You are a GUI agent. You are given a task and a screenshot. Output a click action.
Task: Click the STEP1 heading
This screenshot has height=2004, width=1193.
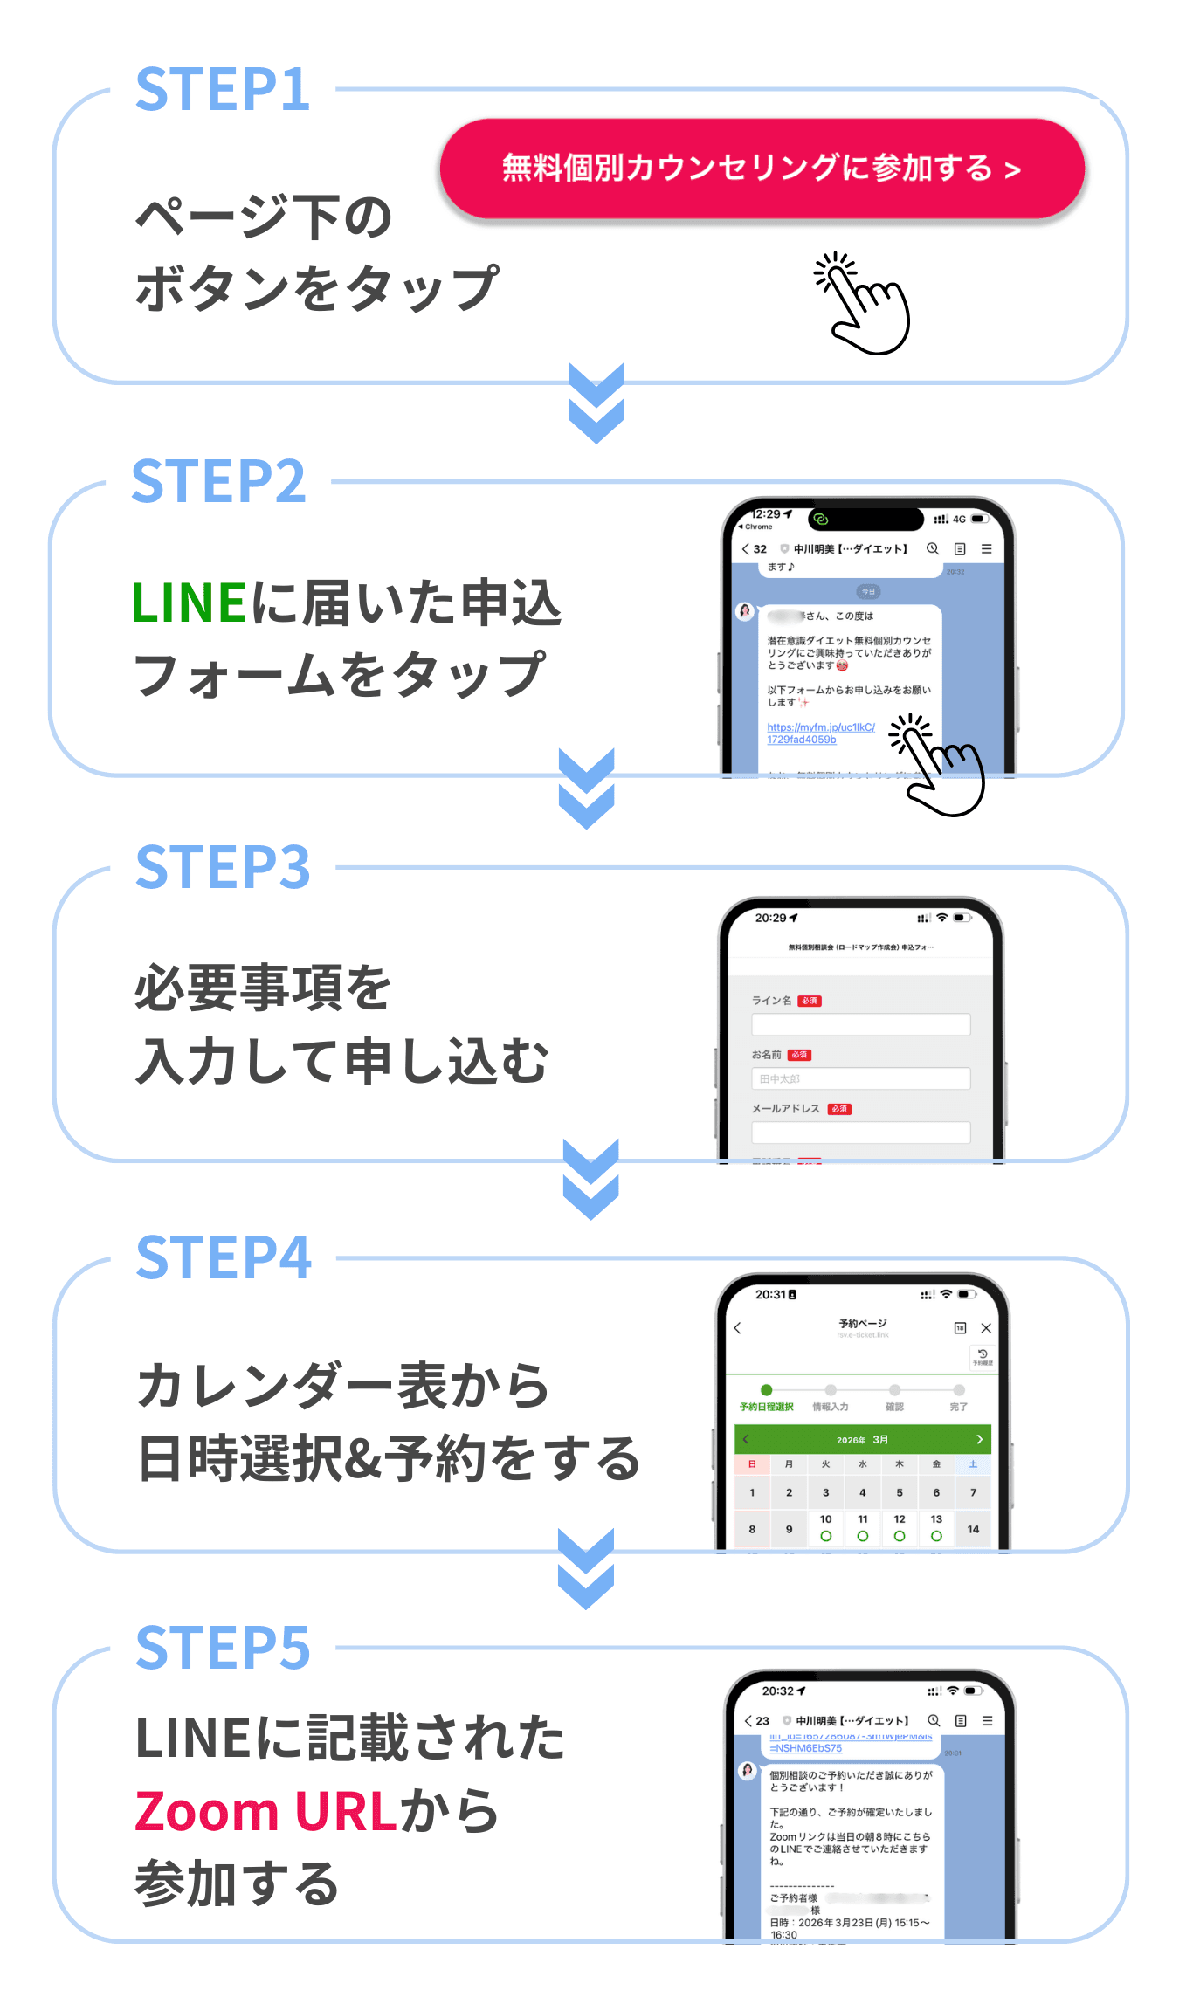point(223,89)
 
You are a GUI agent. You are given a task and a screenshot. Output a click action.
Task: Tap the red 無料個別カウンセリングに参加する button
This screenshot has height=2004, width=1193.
point(762,168)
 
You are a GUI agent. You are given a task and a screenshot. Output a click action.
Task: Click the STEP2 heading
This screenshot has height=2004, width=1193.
point(218,481)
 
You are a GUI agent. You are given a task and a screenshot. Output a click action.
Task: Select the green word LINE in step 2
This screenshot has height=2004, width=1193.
point(189,603)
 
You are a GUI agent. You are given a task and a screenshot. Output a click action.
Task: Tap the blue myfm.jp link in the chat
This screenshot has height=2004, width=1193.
point(820,733)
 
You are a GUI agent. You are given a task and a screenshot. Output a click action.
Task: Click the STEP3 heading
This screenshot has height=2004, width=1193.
point(223,867)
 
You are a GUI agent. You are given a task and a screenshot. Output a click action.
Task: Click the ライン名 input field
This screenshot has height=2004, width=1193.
point(860,1024)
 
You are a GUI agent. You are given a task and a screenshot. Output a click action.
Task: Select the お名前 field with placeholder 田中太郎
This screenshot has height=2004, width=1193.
point(860,1078)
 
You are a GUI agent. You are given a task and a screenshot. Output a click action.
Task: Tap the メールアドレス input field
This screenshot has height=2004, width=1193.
point(860,1133)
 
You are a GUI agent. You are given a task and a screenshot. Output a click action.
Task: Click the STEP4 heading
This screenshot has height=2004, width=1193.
point(224,1257)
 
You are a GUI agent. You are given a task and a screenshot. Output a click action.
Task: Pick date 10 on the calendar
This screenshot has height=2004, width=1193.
point(825,1527)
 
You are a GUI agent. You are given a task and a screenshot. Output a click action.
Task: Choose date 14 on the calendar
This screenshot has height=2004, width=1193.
point(973,1529)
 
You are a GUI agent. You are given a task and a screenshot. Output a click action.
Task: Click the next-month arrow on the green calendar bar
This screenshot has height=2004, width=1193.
point(979,1439)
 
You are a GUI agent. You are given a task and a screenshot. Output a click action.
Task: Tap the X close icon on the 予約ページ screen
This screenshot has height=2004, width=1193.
point(986,1328)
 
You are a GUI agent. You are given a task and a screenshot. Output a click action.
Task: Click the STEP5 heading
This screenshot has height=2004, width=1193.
point(223,1648)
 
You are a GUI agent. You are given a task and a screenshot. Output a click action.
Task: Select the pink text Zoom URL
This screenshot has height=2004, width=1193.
point(266,1810)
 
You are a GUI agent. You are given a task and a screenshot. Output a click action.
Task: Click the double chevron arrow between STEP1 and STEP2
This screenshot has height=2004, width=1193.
point(596,403)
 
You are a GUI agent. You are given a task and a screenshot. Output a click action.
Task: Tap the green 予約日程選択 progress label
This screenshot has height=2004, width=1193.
point(766,1407)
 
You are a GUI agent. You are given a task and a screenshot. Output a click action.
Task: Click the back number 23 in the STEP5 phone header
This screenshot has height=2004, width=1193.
point(757,1720)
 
